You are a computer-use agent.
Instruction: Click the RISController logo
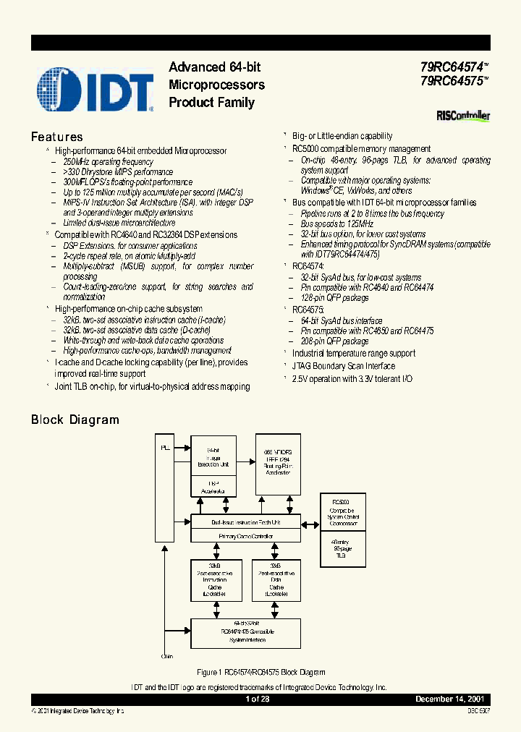(x=463, y=116)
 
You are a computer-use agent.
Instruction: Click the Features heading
(x=57, y=137)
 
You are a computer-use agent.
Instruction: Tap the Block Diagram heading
(x=75, y=420)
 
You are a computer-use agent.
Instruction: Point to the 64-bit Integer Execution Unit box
(x=213, y=457)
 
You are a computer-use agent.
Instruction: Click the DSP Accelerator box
(x=213, y=487)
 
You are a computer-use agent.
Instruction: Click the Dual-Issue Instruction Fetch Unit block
(x=245, y=522)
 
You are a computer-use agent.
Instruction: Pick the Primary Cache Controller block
(x=245, y=536)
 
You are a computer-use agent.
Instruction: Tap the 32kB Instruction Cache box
(x=214, y=579)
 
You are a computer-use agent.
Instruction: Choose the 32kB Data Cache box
(x=276, y=579)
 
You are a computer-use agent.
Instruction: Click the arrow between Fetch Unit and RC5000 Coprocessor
(x=310, y=522)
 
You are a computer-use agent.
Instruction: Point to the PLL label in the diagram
(x=165, y=448)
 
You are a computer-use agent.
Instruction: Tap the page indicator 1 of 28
(x=258, y=699)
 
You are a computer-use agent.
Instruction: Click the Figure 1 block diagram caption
(x=261, y=673)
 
